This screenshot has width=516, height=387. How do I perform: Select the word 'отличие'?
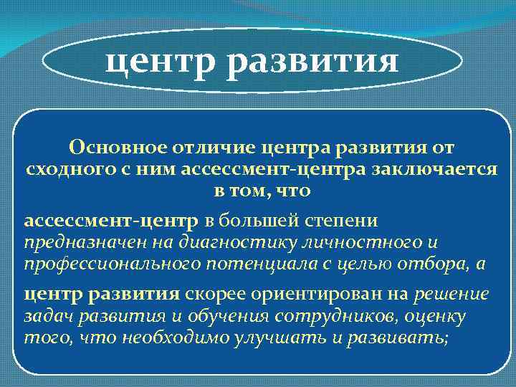point(205,147)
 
